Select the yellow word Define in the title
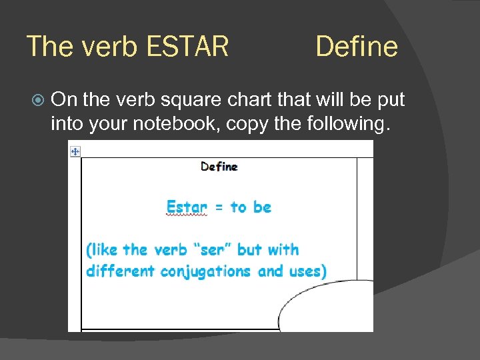357,47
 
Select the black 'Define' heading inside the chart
219,167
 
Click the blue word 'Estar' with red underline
187,207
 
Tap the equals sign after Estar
219,207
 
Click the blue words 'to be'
251,207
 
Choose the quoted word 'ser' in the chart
212,250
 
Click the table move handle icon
75,152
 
